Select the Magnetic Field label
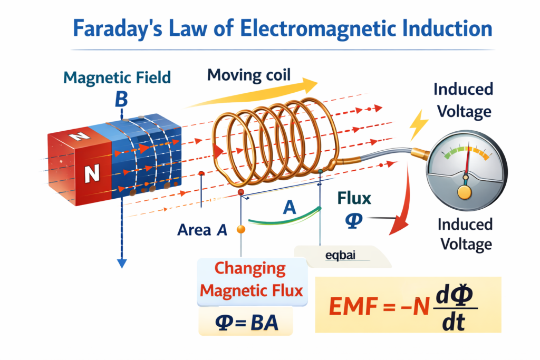pyautogui.click(x=117, y=77)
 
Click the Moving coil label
pyautogui.click(x=249, y=75)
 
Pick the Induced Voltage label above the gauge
pyautogui.click(x=463, y=100)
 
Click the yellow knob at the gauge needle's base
pyautogui.click(x=464, y=192)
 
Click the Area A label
pyautogui.click(x=202, y=229)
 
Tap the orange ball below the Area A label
pyautogui.click(x=241, y=229)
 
